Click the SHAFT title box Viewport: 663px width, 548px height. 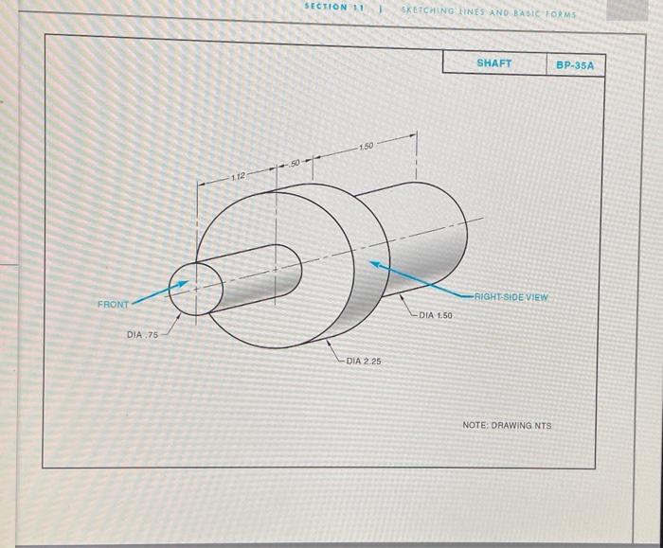pos(493,63)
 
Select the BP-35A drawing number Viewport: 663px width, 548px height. pos(575,65)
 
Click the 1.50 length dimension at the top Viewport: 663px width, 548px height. pos(367,147)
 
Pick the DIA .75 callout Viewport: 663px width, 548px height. pos(143,335)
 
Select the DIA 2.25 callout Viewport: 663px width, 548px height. pos(363,361)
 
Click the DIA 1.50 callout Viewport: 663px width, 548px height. pos(436,314)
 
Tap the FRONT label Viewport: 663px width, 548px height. pos(113,304)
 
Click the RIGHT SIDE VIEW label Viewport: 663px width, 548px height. pos(511,296)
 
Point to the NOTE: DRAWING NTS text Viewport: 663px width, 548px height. pos(506,425)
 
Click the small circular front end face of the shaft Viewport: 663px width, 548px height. pos(191,288)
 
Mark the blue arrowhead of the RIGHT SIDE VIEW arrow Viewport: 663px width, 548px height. pos(376,265)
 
